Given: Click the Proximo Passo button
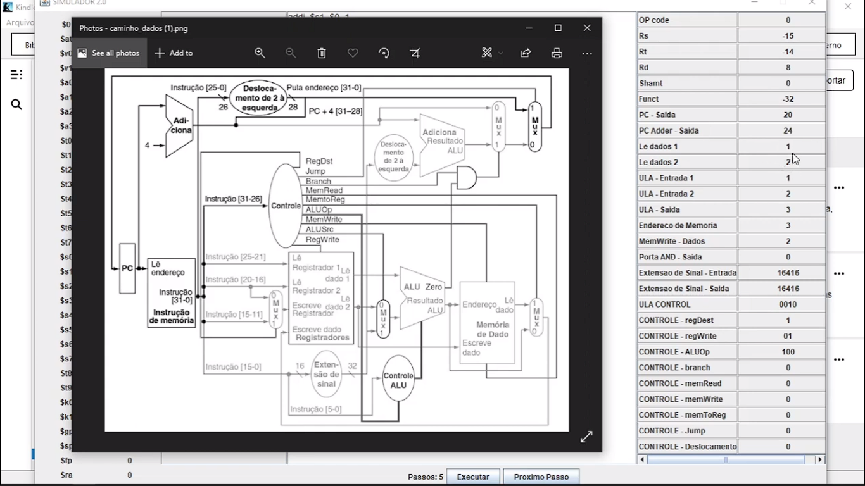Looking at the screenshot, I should (541, 477).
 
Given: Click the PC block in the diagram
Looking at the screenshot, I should (127, 268).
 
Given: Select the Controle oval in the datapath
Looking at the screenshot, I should (285, 206).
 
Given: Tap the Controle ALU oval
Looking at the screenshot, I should (398, 380).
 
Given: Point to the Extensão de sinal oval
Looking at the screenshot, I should (326, 374).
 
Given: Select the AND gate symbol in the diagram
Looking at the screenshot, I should (466, 178).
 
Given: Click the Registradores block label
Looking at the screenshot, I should (322, 338).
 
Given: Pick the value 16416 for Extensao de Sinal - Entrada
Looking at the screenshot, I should (788, 273).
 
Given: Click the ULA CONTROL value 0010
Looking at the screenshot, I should (788, 304).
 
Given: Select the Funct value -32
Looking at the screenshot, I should (788, 99).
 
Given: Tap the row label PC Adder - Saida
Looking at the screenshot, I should (687, 130).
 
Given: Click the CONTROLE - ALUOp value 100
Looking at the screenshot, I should (788, 352).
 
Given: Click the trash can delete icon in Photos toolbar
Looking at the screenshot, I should (322, 53).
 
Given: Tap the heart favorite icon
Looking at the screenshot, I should (353, 53).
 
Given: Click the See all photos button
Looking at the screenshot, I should (109, 53).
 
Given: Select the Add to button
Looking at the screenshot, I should (174, 53).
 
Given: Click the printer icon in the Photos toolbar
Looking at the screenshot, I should (557, 53).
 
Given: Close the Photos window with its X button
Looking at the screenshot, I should (587, 28).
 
